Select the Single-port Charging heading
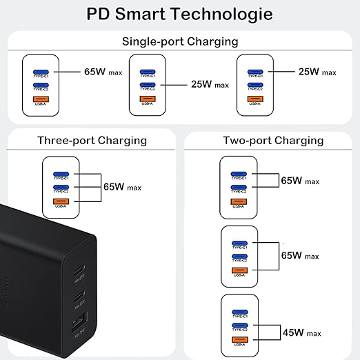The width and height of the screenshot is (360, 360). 180,41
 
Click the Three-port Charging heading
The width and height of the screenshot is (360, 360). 92,141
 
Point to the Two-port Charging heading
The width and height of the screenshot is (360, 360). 272,141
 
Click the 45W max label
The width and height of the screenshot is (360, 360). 301,333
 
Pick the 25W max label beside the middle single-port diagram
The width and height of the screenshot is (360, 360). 209,85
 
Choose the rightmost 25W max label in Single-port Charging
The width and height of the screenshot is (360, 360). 317,71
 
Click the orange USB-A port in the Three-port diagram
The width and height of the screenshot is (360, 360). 61,201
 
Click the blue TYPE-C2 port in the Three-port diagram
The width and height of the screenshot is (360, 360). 61,187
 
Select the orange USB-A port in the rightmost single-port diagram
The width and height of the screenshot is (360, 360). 255,99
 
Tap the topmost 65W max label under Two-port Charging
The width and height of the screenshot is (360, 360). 301,181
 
